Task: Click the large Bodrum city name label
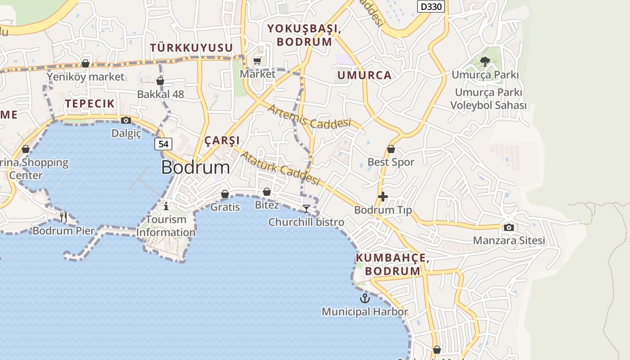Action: [x=195, y=167]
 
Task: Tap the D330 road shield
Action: [x=431, y=6]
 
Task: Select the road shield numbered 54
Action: [x=163, y=144]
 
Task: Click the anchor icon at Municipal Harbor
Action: [x=364, y=298]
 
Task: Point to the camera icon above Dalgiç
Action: [x=126, y=120]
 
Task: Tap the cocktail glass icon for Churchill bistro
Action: [x=306, y=209]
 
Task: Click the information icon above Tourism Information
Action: [x=166, y=206]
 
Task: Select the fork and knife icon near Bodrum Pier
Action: [x=63, y=217]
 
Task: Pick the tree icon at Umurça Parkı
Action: [x=485, y=62]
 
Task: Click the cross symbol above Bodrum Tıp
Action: [x=383, y=197]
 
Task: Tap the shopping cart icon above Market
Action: [x=257, y=61]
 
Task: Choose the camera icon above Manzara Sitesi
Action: [x=509, y=227]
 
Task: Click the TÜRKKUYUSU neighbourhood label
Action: [x=191, y=48]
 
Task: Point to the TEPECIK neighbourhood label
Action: [x=90, y=103]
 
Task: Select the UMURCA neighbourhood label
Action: [x=364, y=75]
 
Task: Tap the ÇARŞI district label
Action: [x=222, y=140]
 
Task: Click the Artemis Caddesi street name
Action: [x=309, y=116]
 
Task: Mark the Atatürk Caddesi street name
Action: [x=280, y=168]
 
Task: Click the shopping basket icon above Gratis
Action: [x=225, y=194]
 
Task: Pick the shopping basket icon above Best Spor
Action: [x=391, y=149]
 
